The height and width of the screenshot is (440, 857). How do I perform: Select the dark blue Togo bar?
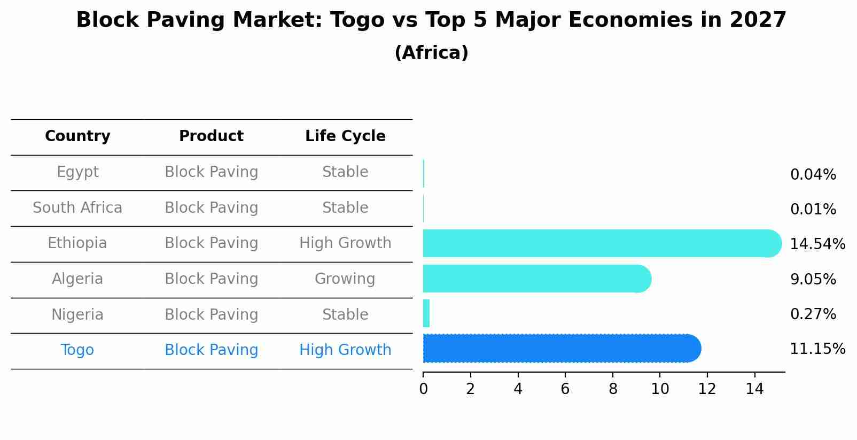coord(561,349)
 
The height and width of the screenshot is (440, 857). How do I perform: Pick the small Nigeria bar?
coord(426,314)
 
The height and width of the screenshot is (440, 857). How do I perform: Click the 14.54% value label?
coord(817,244)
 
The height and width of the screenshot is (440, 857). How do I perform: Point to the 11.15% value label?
coord(817,349)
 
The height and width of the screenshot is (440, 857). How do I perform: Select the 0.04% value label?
coord(813,175)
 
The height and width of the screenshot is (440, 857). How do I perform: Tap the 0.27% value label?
coord(813,314)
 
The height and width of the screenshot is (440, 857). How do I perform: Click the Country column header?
coord(77,136)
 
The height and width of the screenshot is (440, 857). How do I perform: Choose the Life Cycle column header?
coord(345,136)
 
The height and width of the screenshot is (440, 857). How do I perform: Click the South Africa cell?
coord(77,208)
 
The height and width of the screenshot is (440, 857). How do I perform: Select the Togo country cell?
coord(77,350)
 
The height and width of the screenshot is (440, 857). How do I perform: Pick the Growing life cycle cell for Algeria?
coord(345,279)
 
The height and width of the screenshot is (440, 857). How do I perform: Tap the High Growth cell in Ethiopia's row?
coord(345,243)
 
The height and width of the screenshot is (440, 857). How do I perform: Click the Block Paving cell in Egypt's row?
coord(211,172)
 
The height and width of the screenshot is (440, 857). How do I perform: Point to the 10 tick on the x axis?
coord(660,389)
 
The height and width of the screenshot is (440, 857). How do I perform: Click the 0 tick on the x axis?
coord(423,389)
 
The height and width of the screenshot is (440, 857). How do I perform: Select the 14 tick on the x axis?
coord(754,389)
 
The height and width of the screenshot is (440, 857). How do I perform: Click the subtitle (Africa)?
coord(431,53)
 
